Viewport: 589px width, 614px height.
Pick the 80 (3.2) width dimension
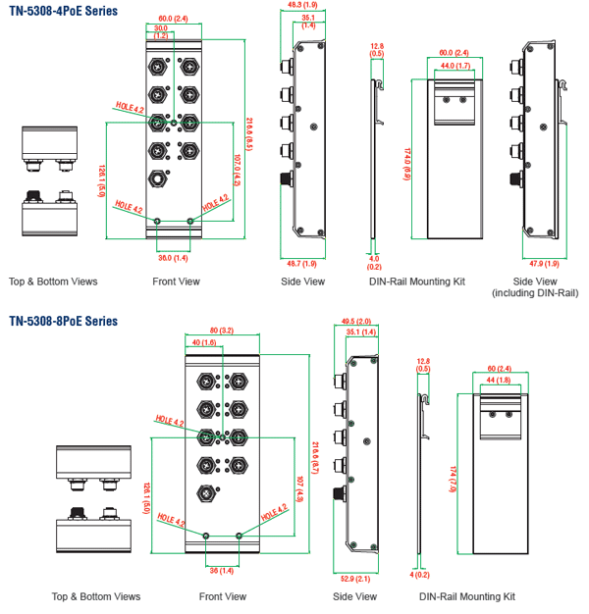(x=221, y=331)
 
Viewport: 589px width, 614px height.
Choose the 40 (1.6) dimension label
(x=203, y=342)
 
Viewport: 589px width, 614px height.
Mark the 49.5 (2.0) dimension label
(x=356, y=321)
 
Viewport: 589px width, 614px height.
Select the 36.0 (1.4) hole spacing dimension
(x=174, y=257)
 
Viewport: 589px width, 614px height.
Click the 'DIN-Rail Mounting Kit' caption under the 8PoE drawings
(x=467, y=596)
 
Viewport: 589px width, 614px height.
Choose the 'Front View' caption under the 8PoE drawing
(x=223, y=596)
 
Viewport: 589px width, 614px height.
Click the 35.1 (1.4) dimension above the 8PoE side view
(x=361, y=333)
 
